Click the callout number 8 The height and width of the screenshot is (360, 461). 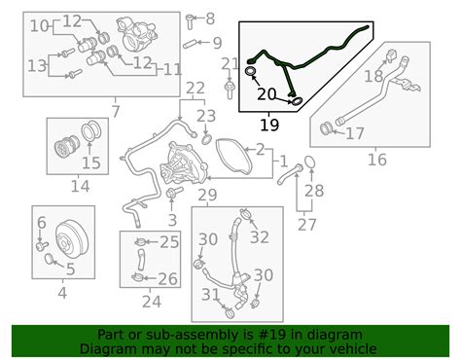pos(210,18)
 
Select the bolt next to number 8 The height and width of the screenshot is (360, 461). pos(190,21)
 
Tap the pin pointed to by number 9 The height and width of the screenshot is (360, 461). pos(190,44)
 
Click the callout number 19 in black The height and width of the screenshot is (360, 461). pos(269,125)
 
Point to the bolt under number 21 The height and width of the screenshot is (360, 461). pos(230,90)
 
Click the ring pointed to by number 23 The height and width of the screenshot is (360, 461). pos(206,139)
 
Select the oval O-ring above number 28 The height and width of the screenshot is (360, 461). pos(309,162)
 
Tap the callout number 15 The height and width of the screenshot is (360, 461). pos(91,162)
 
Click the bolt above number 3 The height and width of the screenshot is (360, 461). pos(171,194)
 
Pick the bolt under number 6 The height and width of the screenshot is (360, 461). pos(42,246)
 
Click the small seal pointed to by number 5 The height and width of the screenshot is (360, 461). pos(50,259)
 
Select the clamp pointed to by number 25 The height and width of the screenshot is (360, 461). pos(140,242)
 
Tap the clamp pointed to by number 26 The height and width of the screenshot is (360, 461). pos(138,277)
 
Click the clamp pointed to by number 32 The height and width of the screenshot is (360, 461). pos(246,214)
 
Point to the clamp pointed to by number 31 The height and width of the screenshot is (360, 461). pos(230,313)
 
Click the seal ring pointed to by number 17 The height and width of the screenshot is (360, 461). pos(325,128)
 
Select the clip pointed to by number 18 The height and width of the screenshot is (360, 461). pos(392,55)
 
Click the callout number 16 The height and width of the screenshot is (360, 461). pos(377,160)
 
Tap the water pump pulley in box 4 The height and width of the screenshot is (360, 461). pos(71,239)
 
